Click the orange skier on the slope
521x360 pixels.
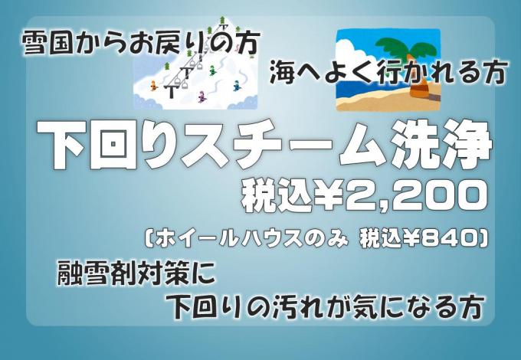[x=153, y=86]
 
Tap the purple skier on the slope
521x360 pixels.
[x=202, y=97]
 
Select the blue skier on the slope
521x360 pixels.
[x=236, y=86]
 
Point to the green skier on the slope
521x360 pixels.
[x=212, y=70]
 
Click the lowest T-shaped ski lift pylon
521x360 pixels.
[x=172, y=91]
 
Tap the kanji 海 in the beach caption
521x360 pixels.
[x=282, y=73]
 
